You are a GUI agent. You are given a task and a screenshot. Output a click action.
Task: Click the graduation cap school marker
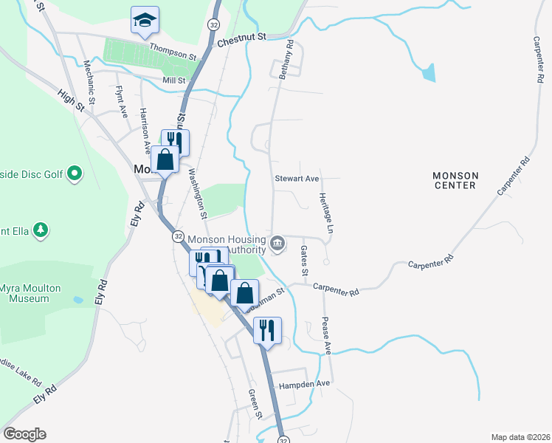click(x=145, y=21)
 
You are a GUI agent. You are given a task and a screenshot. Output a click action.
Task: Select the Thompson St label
click(x=173, y=51)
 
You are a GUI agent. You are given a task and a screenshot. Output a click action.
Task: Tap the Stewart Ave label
click(x=297, y=179)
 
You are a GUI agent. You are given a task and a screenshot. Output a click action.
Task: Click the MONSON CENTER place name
click(x=455, y=181)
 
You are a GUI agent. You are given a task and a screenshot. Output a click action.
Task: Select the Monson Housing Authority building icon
click(x=277, y=243)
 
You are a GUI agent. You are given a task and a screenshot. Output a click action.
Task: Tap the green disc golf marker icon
click(x=74, y=174)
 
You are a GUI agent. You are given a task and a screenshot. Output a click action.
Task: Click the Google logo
click(x=24, y=434)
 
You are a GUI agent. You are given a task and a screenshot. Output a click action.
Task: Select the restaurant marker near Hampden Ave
click(x=267, y=329)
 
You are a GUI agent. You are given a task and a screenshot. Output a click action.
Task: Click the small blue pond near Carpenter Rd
click(x=428, y=72)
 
